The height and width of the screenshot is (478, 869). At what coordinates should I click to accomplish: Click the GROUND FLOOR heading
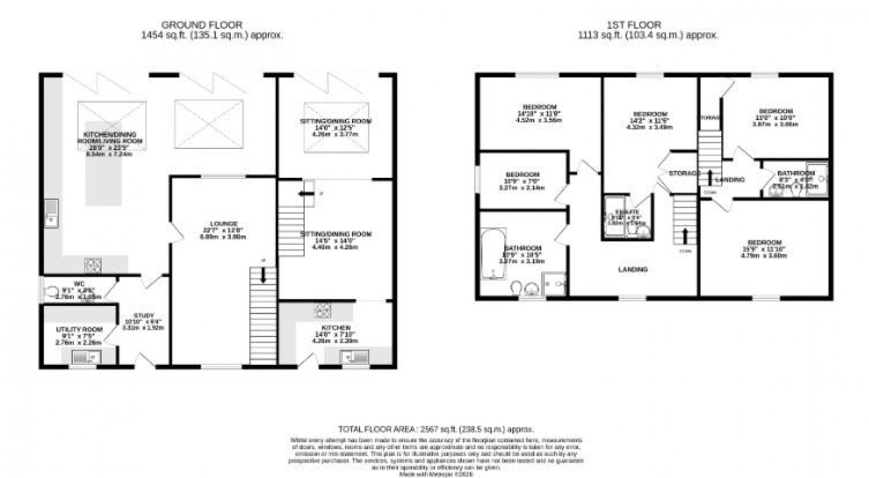pos(201,25)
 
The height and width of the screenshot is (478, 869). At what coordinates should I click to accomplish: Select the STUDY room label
pos(144,315)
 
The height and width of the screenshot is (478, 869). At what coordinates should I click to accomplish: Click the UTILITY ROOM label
pos(79,330)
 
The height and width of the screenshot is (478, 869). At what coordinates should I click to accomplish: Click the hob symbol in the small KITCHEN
pos(323,310)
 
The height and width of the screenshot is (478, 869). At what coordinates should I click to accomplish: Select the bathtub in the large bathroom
pos(493,253)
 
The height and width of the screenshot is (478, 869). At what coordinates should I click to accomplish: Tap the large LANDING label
pos(633,270)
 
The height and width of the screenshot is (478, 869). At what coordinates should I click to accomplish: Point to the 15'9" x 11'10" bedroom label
pos(764,243)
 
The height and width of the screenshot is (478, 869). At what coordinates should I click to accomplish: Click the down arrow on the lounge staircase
pos(263,276)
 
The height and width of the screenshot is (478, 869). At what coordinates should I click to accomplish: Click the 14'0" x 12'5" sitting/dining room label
pos(336,121)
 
